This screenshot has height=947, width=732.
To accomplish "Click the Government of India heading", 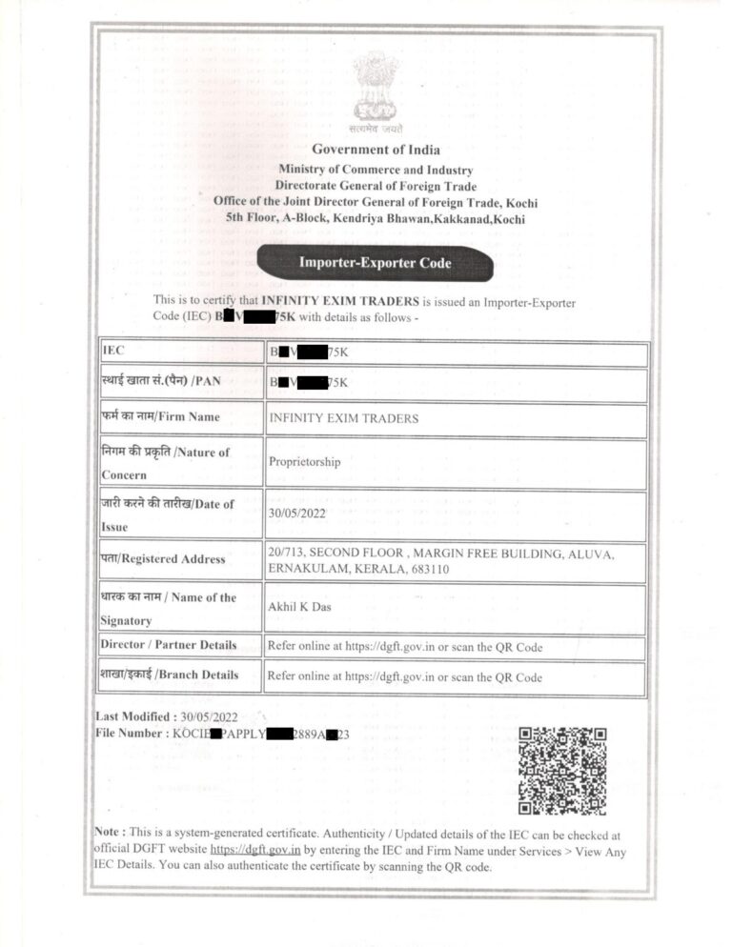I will (x=376, y=150).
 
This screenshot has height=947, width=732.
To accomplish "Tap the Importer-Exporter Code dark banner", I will (x=376, y=262).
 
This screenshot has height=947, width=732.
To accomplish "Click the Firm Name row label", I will (x=161, y=416).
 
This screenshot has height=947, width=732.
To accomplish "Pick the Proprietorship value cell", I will (x=304, y=462).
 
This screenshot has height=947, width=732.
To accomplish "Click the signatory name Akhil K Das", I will (x=301, y=606).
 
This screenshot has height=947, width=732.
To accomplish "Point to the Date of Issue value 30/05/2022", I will (x=299, y=513).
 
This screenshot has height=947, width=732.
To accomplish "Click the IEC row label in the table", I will (x=113, y=352).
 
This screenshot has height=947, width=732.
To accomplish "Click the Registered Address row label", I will (x=164, y=558).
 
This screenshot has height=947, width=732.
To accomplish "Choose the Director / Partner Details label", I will (x=169, y=645).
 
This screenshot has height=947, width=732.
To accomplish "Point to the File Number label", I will (x=131, y=734).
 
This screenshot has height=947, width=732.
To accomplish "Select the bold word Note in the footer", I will (x=107, y=832).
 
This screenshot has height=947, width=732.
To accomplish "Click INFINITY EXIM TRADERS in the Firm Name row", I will (x=343, y=417).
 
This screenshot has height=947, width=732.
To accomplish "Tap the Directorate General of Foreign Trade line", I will (x=376, y=186).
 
